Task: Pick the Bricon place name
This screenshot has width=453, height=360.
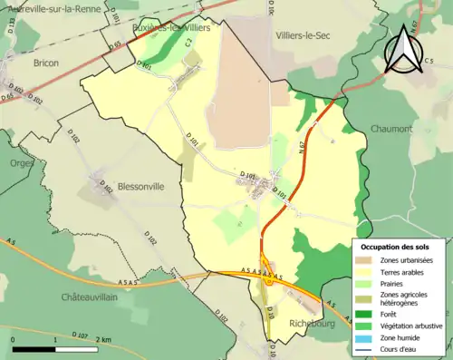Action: click(45, 63)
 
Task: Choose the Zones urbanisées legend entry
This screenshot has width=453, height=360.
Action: click(404, 261)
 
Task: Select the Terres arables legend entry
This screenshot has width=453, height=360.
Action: click(399, 271)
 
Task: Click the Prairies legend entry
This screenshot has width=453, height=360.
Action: click(390, 282)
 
